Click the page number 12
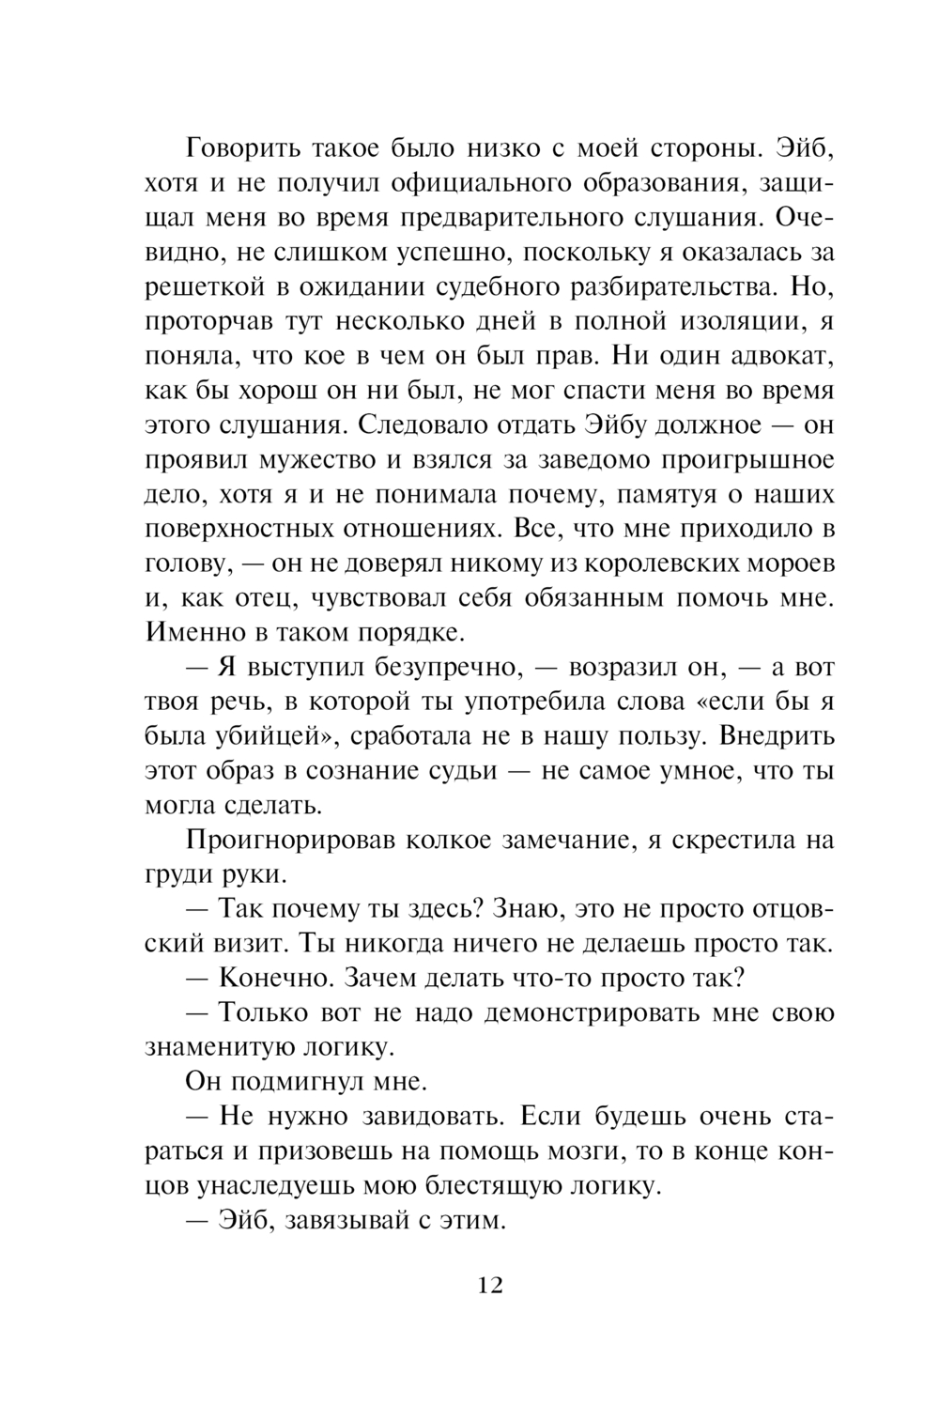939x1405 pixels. (490, 1285)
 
